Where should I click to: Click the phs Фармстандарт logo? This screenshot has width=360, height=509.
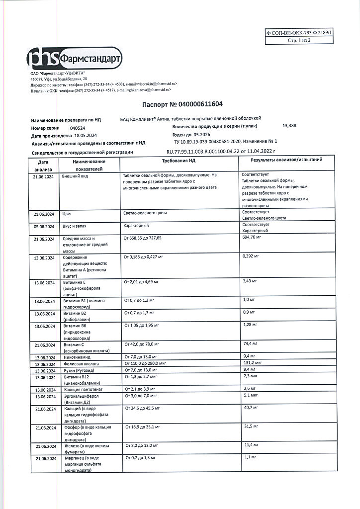(75, 59)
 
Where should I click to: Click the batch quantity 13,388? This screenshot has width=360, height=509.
(289, 126)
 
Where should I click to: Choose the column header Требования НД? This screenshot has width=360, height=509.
(179, 161)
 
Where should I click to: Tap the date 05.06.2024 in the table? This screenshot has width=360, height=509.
(44, 226)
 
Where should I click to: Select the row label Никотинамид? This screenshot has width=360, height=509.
(76, 356)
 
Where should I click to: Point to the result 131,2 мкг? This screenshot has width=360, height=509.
(253, 363)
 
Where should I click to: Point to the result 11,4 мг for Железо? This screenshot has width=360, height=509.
(250, 444)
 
